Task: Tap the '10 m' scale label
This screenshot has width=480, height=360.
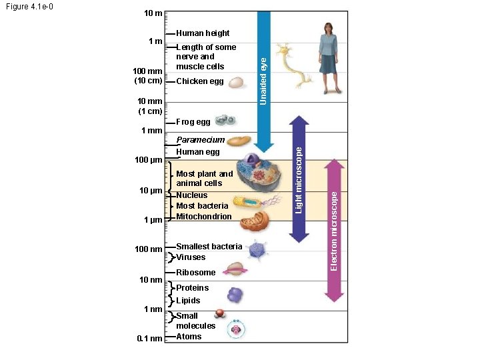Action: [151, 13]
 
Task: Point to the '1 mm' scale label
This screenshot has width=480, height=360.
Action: [151, 131]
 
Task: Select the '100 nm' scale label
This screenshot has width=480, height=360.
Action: [149, 249]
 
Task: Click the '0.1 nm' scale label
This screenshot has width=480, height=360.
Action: [149, 339]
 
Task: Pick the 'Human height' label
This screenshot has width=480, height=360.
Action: [203, 33]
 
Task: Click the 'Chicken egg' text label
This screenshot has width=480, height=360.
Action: [200, 82]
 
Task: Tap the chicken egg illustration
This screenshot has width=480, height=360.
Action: [235, 82]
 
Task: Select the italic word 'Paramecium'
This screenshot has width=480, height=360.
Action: [200, 140]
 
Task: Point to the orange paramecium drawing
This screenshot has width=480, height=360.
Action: [237, 142]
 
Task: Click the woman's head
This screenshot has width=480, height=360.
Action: [328, 27]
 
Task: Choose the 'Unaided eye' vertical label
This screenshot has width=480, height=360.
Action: [264, 81]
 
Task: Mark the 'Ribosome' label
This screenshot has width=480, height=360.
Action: [196, 273]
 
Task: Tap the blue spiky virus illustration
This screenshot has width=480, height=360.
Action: [256, 250]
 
